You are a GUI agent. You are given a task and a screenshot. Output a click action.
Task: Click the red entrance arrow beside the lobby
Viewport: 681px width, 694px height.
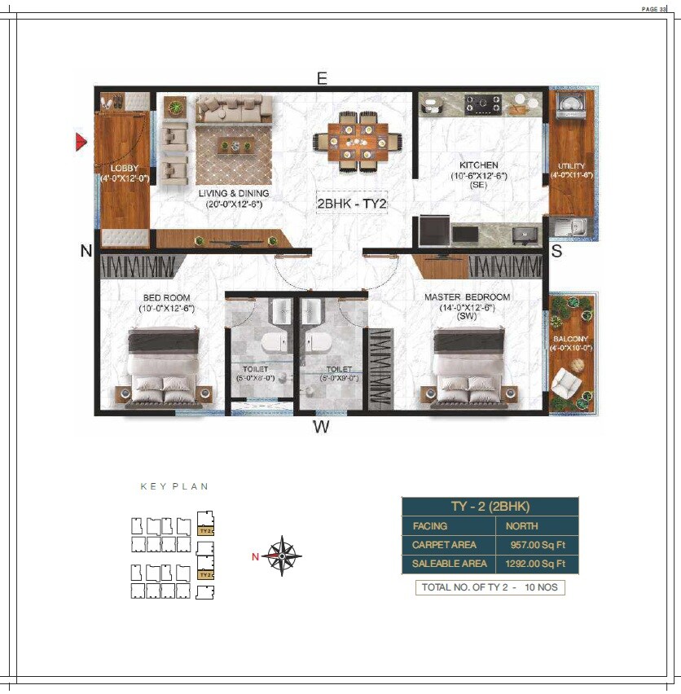[x=81, y=142]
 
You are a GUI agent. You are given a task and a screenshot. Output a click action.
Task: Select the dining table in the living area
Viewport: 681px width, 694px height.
[x=355, y=142]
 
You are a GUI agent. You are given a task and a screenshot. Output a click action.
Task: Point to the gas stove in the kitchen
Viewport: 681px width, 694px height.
[x=482, y=103]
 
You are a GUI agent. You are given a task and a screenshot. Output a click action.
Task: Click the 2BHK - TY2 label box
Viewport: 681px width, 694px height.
[x=351, y=204]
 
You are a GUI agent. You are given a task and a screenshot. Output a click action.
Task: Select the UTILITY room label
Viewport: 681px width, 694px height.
[x=571, y=166]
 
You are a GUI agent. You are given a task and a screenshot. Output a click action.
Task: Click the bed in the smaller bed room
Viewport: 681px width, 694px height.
[x=165, y=366]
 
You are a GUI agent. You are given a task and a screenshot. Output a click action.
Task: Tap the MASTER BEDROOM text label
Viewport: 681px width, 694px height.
[x=467, y=297]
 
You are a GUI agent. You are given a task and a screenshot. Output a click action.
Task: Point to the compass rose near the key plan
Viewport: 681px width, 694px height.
[x=283, y=556]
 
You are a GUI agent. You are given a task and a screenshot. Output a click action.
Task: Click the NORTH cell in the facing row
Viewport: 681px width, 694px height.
[x=521, y=526]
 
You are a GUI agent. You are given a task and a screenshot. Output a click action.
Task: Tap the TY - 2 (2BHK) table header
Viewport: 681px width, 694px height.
[x=490, y=507]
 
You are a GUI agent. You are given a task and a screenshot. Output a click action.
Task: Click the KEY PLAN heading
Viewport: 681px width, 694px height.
[x=174, y=486]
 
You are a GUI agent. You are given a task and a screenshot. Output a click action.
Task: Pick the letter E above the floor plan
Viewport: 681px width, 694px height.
[x=322, y=78]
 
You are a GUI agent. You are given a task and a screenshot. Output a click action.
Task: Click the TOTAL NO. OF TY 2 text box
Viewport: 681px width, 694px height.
[x=490, y=586]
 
